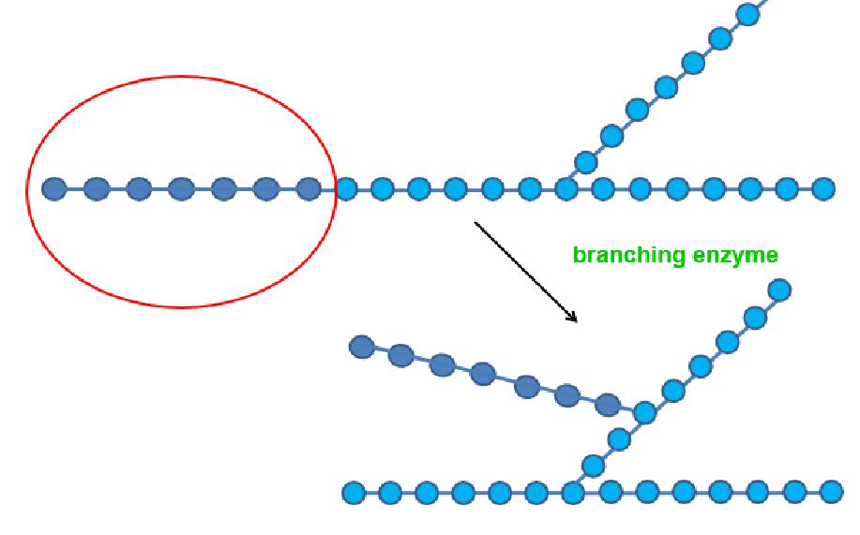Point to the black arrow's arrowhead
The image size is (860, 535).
574,320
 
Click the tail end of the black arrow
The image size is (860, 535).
475,223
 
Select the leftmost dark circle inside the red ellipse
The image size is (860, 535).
54,189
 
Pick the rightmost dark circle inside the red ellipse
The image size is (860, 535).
309,189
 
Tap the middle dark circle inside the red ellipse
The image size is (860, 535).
181,189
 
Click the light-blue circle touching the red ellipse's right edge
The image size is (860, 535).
345,189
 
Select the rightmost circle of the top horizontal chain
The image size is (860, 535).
823,189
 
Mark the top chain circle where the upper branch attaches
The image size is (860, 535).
566,189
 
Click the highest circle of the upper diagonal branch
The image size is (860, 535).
747,14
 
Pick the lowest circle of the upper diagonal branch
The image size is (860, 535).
585,163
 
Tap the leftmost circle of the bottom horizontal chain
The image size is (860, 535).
354,492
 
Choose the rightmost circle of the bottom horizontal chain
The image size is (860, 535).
831,492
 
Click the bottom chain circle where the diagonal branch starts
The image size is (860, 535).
573,492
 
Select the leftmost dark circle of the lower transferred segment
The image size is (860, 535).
361,347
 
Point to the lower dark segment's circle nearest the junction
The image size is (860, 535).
608,405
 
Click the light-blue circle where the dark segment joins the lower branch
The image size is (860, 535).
644,412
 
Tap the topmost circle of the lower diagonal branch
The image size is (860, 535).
779,290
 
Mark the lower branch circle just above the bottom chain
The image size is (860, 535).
593,466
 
